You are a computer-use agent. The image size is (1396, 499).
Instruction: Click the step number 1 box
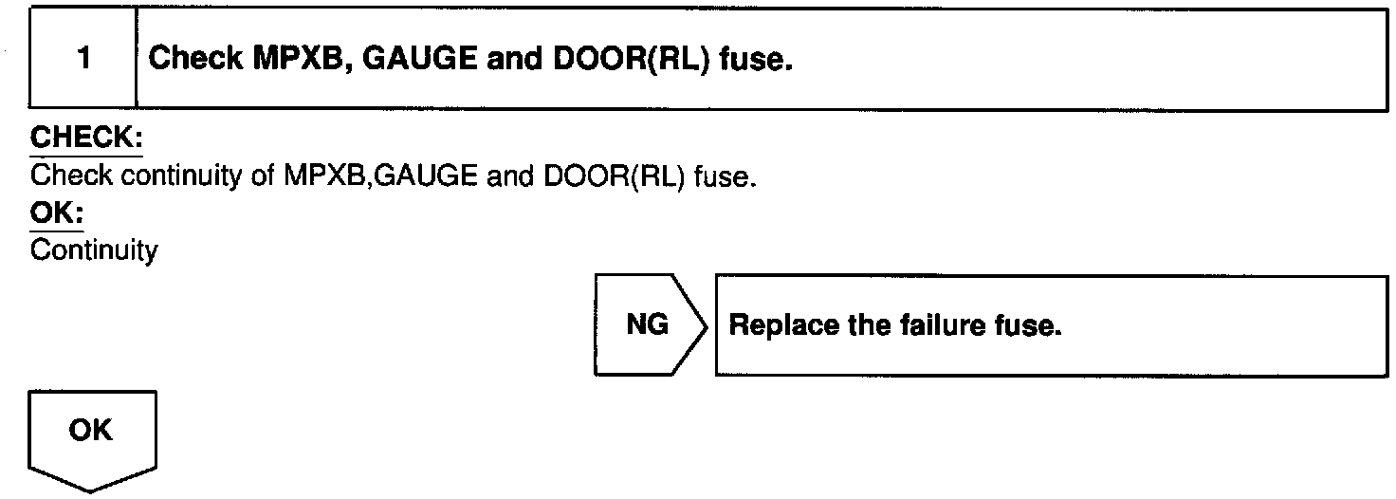[x=83, y=59]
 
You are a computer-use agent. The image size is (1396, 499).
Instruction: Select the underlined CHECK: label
[x=86, y=139]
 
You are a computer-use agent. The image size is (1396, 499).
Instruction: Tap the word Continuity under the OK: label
[x=93, y=251]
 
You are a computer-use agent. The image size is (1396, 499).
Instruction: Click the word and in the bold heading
[x=517, y=59]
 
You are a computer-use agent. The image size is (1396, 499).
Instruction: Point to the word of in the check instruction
[x=263, y=176]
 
